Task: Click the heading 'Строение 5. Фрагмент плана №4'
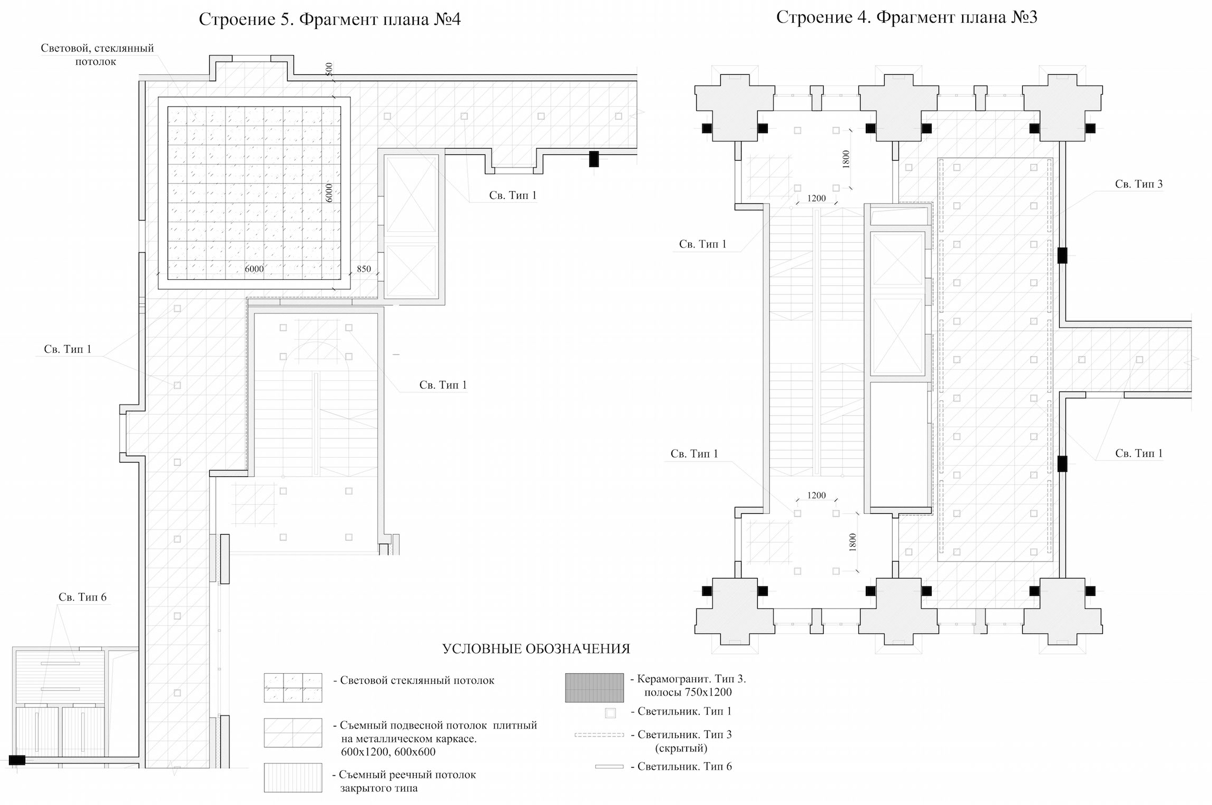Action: click(x=330, y=19)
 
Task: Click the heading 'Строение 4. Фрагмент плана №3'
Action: click(x=907, y=17)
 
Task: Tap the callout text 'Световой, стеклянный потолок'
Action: click(x=97, y=55)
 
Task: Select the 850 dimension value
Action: click(x=364, y=269)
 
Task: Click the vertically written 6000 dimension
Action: click(x=329, y=193)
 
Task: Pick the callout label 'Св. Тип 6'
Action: click(x=82, y=597)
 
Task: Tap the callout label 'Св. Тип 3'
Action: click(x=1139, y=184)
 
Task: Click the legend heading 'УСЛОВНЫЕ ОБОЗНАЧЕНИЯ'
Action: click(x=536, y=649)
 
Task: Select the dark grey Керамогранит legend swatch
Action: click(x=594, y=688)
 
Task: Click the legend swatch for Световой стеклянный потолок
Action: click(x=293, y=688)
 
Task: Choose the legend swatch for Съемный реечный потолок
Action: click(x=293, y=778)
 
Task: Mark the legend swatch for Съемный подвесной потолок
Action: click(x=293, y=733)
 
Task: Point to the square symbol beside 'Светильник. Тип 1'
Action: click(x=610, y=713)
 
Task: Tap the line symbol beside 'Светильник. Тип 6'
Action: click(x=609, y=767)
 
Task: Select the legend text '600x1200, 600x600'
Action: click(x=388, y=752)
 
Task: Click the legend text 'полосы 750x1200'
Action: click(x=688, y=692)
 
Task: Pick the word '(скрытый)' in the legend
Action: click(x=681, y=748)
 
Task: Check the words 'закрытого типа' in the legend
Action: click(x=379, y=788)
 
